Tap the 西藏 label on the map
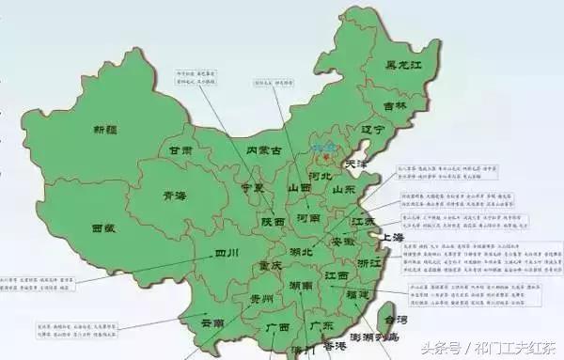pyautogui.click(x=103, y=227)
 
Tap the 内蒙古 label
pyautogui.click(x=263, y=150)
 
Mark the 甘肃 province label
pyautogui.click(x=180, y=150)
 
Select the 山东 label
pyautogui.click(x=343, y=189)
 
